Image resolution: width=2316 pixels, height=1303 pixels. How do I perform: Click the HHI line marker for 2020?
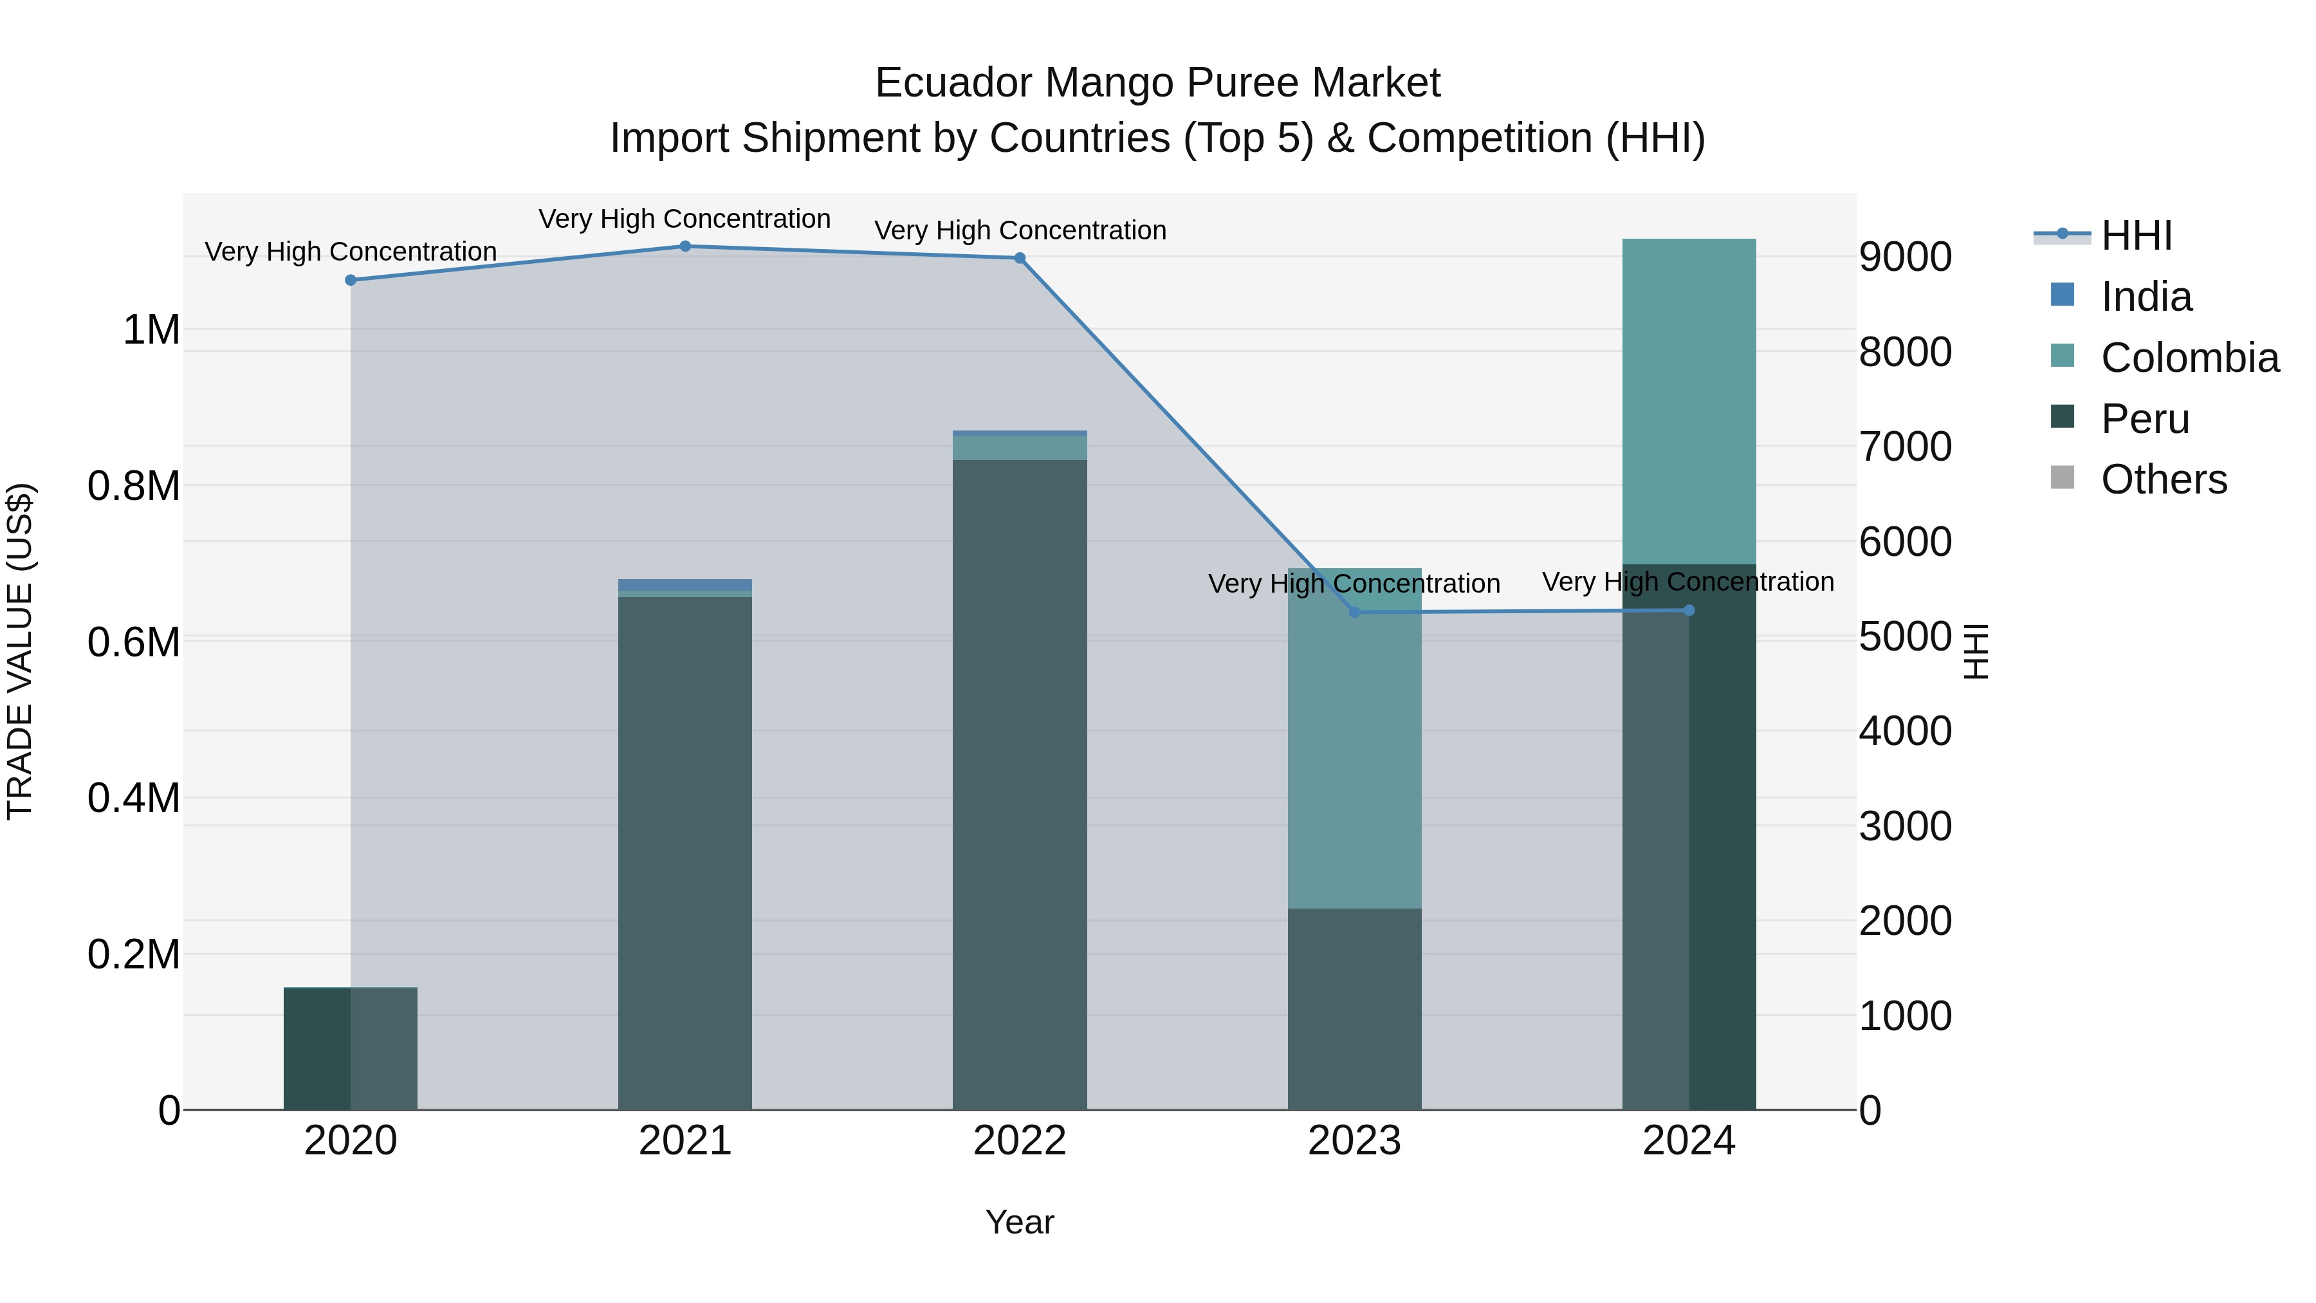(x=351, y=281)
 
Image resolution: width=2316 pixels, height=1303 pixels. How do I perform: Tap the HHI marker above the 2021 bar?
(x=685, y=246)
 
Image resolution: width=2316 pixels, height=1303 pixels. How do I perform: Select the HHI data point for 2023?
(x=1355, y=613)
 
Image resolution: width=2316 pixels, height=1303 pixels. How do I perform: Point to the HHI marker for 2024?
(x=1689, y=611)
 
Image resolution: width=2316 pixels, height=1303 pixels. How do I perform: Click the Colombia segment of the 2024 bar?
(x=1689, y=401)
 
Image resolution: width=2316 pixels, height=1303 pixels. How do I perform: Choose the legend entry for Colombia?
(x=2189, y=358)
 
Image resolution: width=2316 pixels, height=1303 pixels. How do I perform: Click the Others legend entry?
(x=2163, y=479)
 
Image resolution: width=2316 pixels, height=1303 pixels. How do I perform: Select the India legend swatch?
(x=2063, y=295)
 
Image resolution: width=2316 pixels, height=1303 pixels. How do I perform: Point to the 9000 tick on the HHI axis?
(x=1905, y=257)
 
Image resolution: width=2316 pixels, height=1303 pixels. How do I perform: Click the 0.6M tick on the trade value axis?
(x=134, y=642)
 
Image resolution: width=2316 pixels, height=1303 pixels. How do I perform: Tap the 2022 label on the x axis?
(x=1020, y=1141)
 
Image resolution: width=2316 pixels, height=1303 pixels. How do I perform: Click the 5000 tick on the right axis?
(x=1905, y=636)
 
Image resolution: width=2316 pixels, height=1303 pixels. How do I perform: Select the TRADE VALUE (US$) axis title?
(x=20, y=651)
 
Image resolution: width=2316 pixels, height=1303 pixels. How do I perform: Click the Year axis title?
(x=1020, y=1222)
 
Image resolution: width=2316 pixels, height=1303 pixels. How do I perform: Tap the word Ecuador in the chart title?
(x=954, y=83)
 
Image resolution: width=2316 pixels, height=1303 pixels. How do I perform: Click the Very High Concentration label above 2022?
(x=1020, y=230)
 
